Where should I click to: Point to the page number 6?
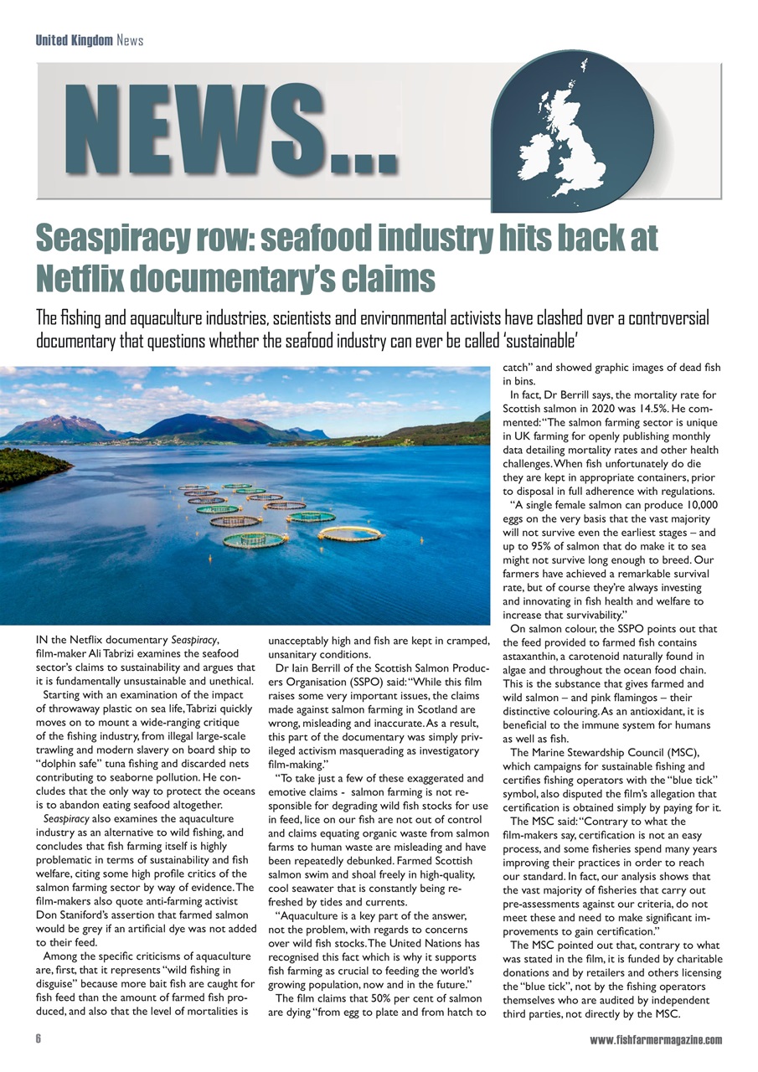coord(39,1039)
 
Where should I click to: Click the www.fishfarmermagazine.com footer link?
coord(656,1039)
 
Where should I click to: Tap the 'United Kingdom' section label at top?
coord(74,40)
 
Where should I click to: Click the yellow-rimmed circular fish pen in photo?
coord(349,533)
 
